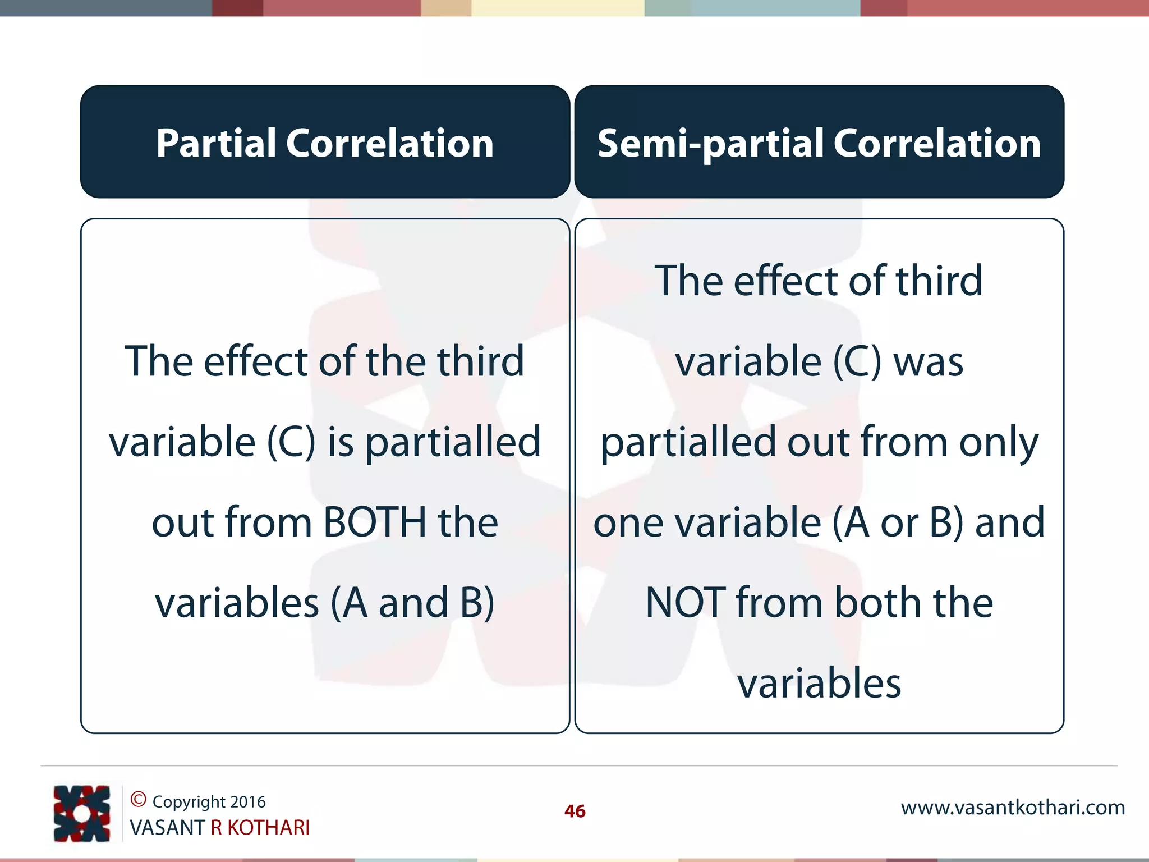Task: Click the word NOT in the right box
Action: coord(686,603)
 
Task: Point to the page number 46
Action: coord(574,811)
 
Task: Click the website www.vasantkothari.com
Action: coord(1013,808)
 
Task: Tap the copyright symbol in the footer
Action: coord(138,799)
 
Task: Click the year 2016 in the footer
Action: coord(247,802)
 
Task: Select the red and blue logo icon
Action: coord(82,813)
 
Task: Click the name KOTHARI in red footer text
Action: coord(268,828)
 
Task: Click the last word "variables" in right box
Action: coord(819,684)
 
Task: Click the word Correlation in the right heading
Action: coord(937,143)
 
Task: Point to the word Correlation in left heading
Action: coord(390,143)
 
